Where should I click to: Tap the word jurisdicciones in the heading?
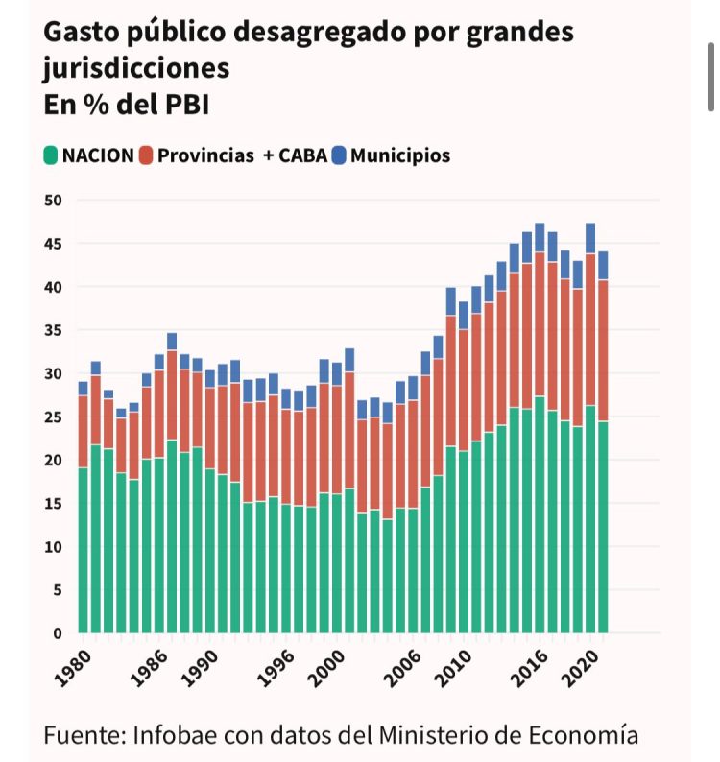point(135,69)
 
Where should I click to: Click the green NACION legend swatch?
point(51,155)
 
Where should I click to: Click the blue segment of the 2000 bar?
point(336,374)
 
